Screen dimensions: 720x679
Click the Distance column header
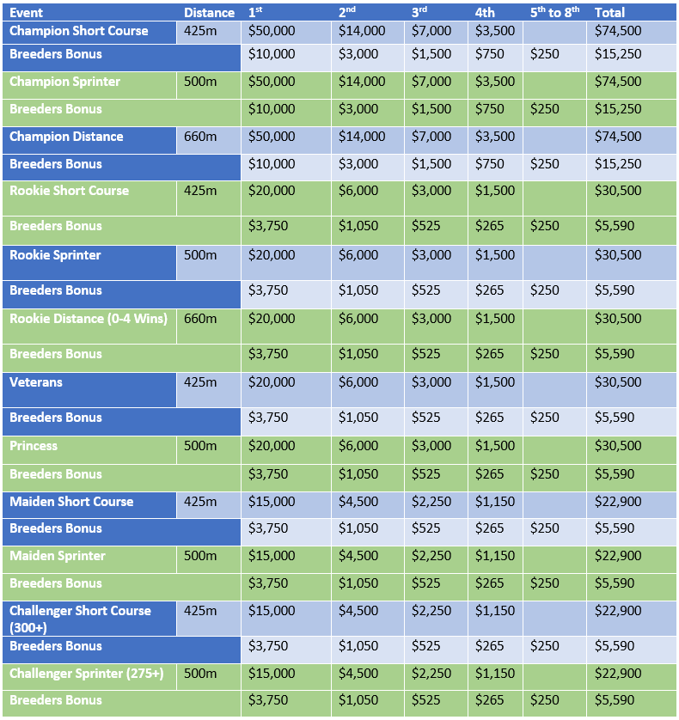(x=209, y=12)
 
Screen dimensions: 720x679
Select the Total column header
(x=609, y=12)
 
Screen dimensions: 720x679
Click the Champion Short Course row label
(x=79, y=31)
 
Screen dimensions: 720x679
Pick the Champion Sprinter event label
(x=65, y=82)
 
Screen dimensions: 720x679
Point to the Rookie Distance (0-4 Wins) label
(x=89, y=319)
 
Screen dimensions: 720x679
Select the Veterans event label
(x=36, y=382)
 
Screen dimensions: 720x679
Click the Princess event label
(x=34, y=446)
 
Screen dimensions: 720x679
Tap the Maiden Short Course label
(x=71, y=502)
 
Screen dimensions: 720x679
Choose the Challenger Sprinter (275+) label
(x=86, y=674)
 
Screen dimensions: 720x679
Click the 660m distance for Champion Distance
(x=200, y=137)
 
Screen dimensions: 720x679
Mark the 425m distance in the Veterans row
(x=200, y=382)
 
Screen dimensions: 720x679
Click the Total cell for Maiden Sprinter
(x=618, y=556)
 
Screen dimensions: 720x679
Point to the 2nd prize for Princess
(x=358, y=446)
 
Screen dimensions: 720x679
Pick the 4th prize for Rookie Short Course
(x=495, y=191)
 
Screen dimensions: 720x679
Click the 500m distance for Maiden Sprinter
(x=200, y=556)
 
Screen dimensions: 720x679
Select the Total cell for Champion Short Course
(x=618, y=31)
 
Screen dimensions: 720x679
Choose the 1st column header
(x=255, y=12)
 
